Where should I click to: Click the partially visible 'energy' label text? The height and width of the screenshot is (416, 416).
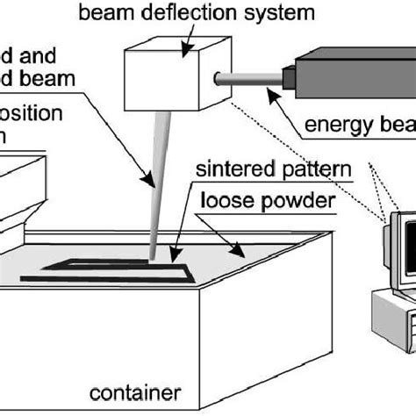(360, 131)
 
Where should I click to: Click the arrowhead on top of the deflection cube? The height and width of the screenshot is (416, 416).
(185, 54)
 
